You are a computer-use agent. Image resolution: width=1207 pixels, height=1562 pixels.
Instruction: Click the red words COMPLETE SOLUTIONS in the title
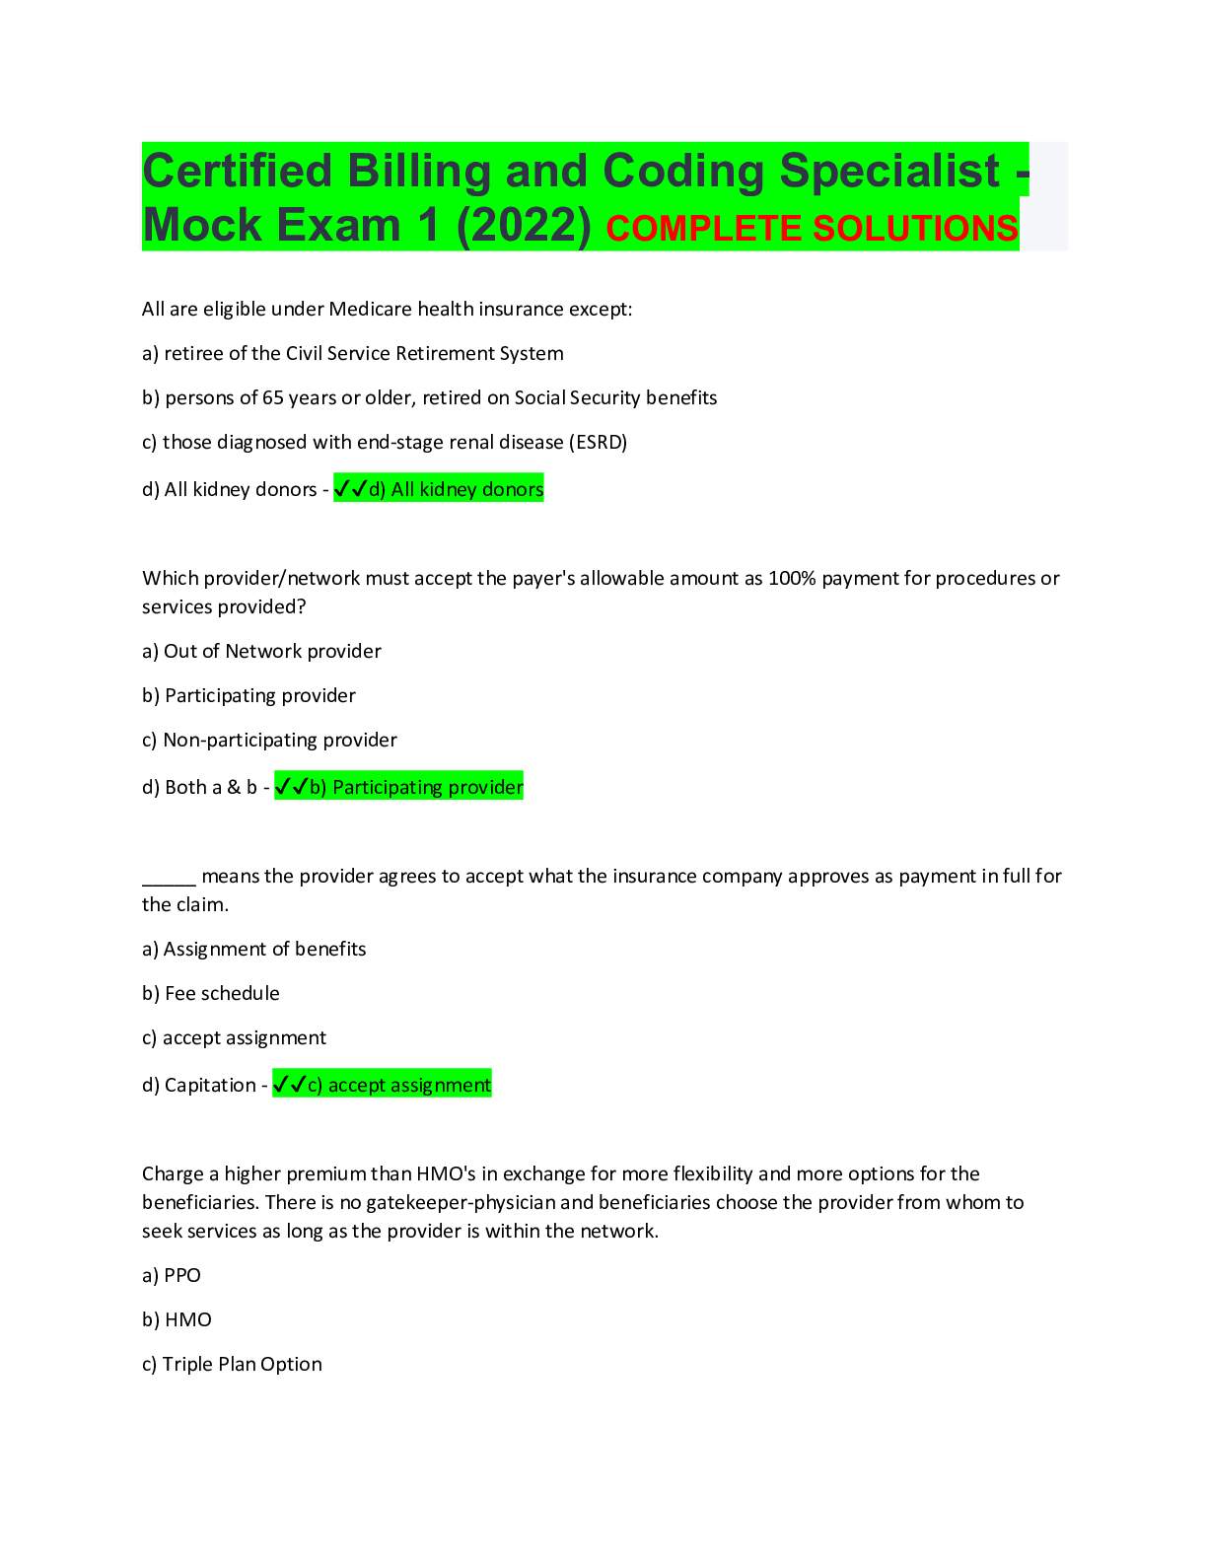(x=812, y=229)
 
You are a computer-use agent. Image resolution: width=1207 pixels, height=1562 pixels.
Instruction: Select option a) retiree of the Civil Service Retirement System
(x=353, y=354)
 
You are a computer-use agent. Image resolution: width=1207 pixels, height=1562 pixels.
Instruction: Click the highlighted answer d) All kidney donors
(x=457, y=490)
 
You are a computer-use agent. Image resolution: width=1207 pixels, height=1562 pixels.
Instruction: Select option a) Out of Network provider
(x=261, y=652)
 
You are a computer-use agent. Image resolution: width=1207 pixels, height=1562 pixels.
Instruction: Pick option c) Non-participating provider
(x=269, y=741)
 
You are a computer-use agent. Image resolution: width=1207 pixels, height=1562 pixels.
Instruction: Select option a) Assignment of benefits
(x=254, y=950)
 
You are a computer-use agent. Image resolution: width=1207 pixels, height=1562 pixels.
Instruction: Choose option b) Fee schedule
(x=211, y=994)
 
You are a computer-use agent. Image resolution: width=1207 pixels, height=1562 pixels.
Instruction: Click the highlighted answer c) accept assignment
(x=399, y=1086)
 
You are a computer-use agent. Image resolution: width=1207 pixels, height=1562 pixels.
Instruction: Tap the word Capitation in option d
(x=210, y=1086)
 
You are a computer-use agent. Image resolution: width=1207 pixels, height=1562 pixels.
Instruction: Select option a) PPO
(x=172, y=1276)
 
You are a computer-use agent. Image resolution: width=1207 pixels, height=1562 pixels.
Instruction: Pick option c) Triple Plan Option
(x=232, y=1365)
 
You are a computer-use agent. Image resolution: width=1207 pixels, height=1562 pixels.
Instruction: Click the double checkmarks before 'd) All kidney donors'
(x=350, y=489)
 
